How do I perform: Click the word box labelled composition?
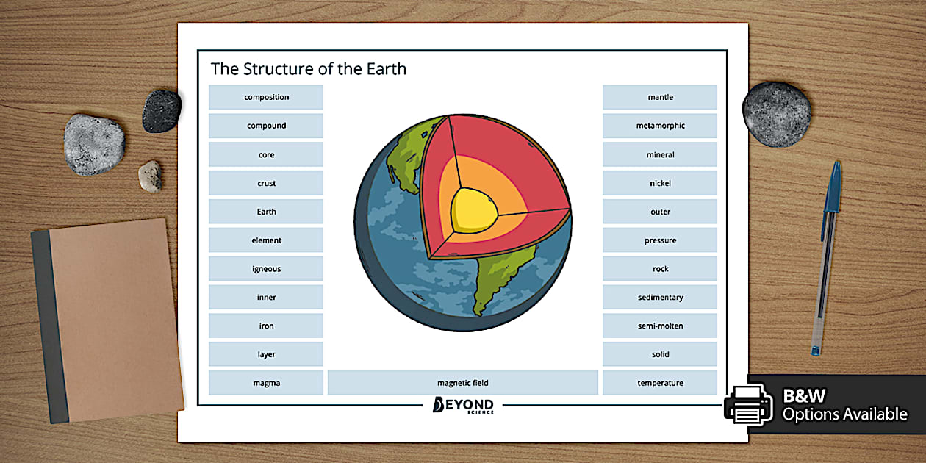tap(266, 97)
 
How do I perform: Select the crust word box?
tap(266, 183)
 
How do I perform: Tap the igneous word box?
tap(266, 269)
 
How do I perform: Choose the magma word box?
tap(266, 383)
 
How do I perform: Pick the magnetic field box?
tap(462, 383)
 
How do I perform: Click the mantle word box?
tap(660, 97)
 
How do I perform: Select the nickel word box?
tap(660, 183)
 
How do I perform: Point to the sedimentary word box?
tap(660, 298)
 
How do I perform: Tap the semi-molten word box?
tap(660, 326)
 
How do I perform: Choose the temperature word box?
tap(660, 383)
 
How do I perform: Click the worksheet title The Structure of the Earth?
tap(309, 69)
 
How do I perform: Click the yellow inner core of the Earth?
tap(475, 208)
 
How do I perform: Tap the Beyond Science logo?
tap(463, 406)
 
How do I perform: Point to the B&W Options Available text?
tap(844, 406)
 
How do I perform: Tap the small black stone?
tap(161, 111)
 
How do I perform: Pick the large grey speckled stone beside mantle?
tap(777, 114)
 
